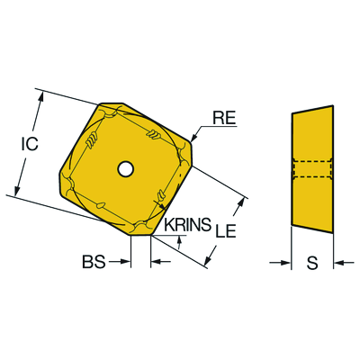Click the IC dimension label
30,144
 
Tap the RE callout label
224,118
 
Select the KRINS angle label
188,224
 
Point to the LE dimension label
226,230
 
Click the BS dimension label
94,262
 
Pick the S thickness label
312,263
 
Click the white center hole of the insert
125,169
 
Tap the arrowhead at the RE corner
193,138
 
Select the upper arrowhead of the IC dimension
41,95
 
